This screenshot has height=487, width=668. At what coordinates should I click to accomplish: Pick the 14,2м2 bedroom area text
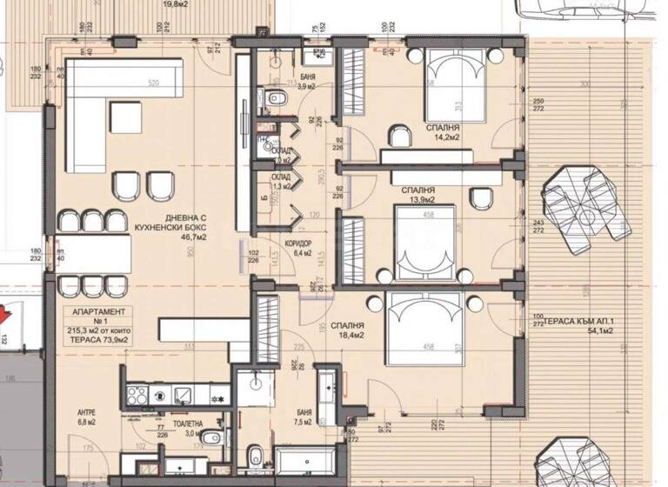pos(443,137)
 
